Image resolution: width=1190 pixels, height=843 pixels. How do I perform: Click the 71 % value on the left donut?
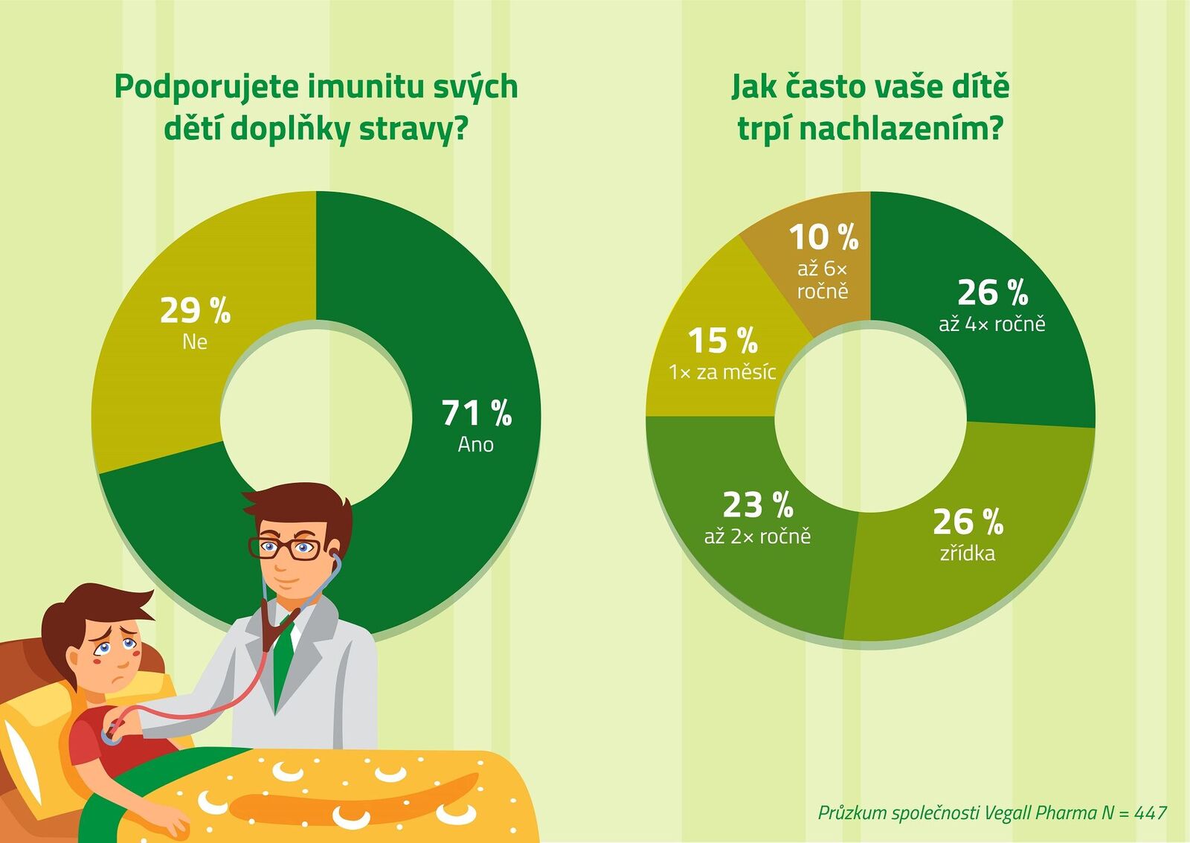tap(476, 413)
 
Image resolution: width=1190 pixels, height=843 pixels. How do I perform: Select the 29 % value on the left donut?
tap(195, 310)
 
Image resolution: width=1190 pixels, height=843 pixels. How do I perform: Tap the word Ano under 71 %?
tap(475, 444)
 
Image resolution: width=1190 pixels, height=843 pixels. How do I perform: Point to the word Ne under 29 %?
tap(195, 342)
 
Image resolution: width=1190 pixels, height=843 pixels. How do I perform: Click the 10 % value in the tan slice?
tap(823, 237)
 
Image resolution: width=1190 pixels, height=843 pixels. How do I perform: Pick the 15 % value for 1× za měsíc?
tap(722, 341)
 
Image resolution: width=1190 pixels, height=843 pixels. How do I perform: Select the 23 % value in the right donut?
tap(757, 505)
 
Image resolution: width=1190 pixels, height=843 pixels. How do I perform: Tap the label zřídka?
tap(967, 553)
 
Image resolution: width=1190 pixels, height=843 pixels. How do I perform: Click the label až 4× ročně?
tap(991, 324)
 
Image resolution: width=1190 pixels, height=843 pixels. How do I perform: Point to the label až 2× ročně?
tap(757, 536)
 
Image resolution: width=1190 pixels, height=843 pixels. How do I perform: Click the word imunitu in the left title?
tap(362, 87)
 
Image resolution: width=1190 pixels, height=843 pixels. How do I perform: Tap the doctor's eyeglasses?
tap(286, 549)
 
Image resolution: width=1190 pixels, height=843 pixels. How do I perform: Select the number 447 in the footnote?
tap(1151, 812)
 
